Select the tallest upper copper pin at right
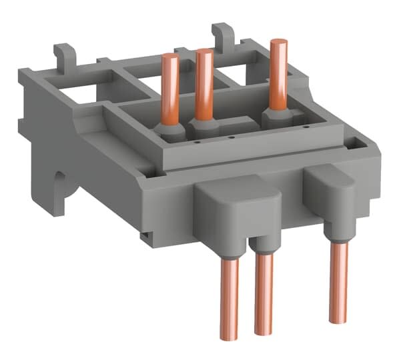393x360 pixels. (x=278, y=73)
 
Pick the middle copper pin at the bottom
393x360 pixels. (x=263, y=293)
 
